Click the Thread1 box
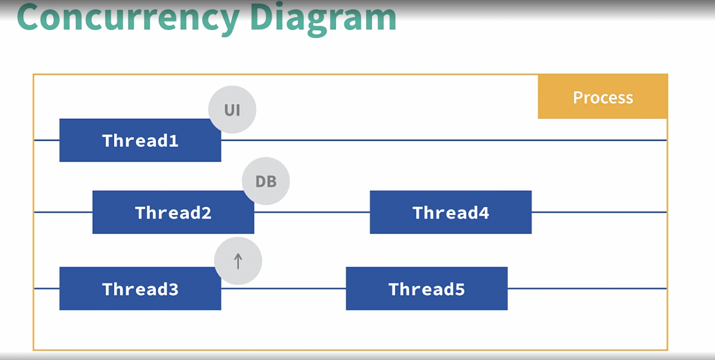click(x=140, y=140)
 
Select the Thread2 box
click(x=174, y=212)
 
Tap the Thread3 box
click(x=140, y=289)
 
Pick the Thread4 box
click(x=450, y=212)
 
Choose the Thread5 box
click(x=427, y=289)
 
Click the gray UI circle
click(x=232, y=109)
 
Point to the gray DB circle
click(x=266, y=181)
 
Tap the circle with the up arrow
click(x=238, y=261)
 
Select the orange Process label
click(x=603, y=97)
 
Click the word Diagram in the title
click(x=323, y=18)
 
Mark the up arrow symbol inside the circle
click(x=238, y=261)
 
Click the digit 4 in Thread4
click(x=484, y=212)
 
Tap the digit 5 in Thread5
click(x=460, y=289)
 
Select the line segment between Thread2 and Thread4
click(x=312, y=212)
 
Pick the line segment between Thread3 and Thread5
click(x=284, y=289)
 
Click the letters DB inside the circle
click(x=266, y=181)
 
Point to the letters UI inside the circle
click(x=232, y=110)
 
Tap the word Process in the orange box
click(x=603, y=97)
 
